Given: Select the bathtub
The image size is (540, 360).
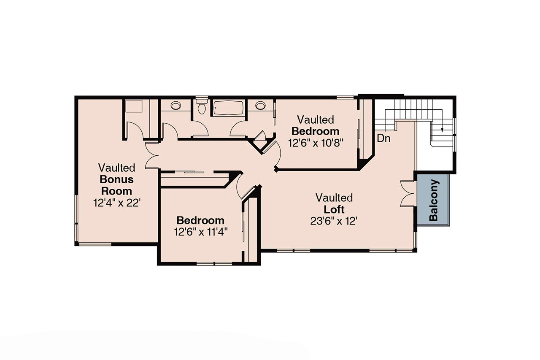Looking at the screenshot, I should coord(228,108).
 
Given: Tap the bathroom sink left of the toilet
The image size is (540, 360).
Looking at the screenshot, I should coord(175,106).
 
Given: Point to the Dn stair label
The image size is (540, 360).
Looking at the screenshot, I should coord(383,138).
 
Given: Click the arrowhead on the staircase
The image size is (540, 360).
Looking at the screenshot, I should coord(442,130).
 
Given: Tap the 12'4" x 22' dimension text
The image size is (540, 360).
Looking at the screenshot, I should coord(116,203).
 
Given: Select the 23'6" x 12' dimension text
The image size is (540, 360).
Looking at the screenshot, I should coord(334,221).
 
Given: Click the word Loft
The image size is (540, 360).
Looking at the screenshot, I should coord(334,209).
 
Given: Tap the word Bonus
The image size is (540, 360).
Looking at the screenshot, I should coord(116,179).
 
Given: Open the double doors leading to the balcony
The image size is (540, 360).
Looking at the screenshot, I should coord(407,193).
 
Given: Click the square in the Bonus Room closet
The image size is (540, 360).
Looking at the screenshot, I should coord(135,107).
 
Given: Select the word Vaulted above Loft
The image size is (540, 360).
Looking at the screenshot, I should coord(334,198).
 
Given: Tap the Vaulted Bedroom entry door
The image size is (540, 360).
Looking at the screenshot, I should coord(275,154).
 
